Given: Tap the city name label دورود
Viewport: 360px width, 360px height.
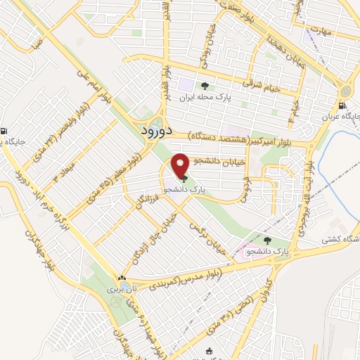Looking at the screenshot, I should (146, 131).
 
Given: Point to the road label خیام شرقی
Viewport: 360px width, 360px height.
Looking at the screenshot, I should (261, 85).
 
